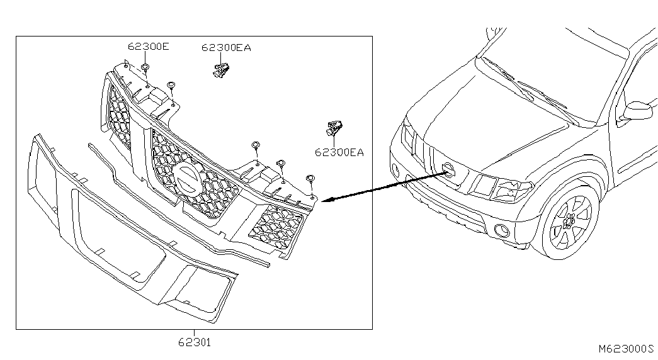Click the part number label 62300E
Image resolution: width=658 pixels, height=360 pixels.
[148, 46]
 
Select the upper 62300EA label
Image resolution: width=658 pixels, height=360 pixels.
[226, 48]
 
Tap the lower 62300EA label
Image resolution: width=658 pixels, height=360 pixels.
[339, 152]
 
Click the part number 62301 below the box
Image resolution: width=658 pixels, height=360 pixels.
[195, 343]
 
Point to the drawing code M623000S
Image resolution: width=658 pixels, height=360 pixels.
[626, 349]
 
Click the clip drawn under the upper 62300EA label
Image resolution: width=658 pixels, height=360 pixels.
[221, 69]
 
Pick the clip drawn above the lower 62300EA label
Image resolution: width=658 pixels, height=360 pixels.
[334, 128]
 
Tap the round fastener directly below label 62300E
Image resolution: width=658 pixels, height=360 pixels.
[145, 67]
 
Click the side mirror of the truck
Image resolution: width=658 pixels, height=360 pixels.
[638, 111]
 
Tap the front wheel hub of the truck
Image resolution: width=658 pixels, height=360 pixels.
[570, 220]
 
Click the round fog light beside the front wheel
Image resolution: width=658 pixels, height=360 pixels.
[501, 230]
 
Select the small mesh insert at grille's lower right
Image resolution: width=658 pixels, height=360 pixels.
[275, 227]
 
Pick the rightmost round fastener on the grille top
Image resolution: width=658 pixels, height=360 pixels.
[310, 179]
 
